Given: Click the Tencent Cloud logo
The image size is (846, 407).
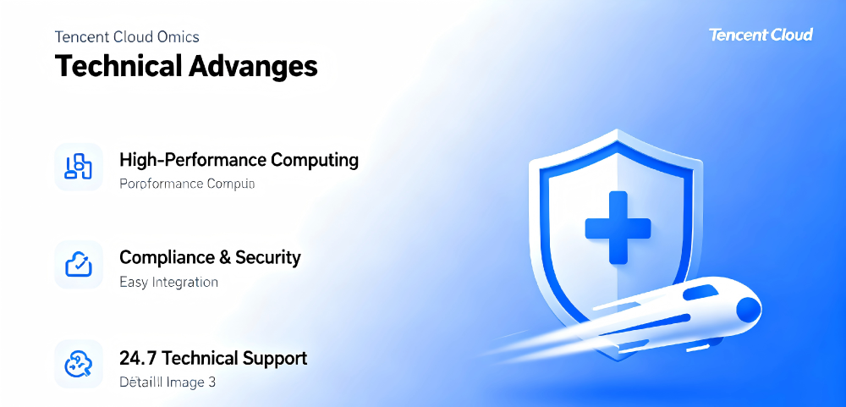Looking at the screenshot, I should tap(761, 35).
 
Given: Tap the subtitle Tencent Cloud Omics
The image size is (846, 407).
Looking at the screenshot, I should tap(127, 37).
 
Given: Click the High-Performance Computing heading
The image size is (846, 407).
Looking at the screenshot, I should tap(239, 160).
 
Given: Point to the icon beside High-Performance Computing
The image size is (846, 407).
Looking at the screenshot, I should tap(78, 167).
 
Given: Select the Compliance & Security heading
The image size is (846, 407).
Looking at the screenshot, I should tap(210, 257).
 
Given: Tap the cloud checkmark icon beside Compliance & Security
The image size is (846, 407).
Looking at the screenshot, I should tap(78, 265).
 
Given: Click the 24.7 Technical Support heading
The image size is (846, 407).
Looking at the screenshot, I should tap(213, 358).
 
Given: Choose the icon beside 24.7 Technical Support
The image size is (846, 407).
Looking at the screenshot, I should tap(78, 365).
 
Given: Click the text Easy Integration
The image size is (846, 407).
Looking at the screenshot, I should tap(169, 282).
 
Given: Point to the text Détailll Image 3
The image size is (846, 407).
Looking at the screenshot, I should tap(168, 382).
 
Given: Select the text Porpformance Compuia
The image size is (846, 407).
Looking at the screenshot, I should tap(187, 184).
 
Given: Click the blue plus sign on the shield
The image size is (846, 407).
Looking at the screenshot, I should tap(618, 227).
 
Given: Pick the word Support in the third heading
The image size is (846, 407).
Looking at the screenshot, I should tap(276, 358).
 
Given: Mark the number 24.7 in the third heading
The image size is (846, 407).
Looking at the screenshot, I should tap(136, 358).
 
